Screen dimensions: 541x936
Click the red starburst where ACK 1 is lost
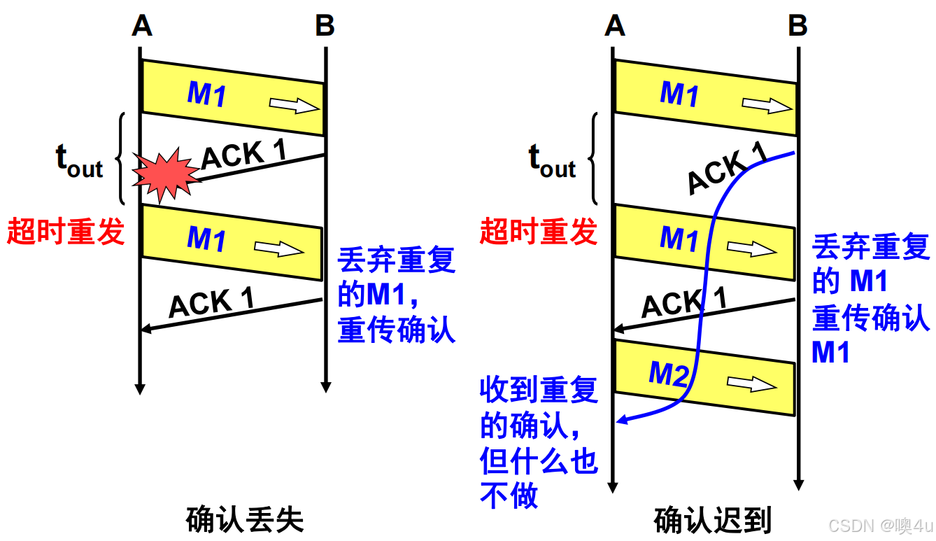(x=166, y=173)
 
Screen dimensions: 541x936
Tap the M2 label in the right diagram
(x=669, y=375)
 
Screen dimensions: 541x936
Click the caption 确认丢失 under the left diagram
(x=245, y=520)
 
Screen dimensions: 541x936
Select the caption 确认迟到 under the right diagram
(x=712, y=520)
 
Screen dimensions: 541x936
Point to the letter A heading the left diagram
(x=142, y=26)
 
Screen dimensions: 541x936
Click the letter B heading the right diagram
(x=797, y=26)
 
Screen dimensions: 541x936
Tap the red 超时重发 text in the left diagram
(x=66, y=231)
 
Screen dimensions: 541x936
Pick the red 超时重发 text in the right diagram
(x=539, y=231)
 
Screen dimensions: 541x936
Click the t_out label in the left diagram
(x=79, y=162)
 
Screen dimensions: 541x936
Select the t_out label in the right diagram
(x=552, y=162)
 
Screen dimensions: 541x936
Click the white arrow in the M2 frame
(x=752, y=384)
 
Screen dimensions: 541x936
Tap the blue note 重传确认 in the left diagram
(x=397, y=330)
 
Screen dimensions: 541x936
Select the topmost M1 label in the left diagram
(x=206, y=94)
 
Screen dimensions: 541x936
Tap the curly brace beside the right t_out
(x=595, y=159)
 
